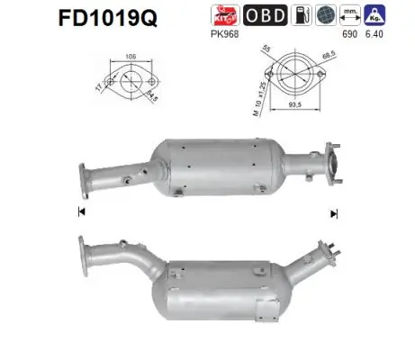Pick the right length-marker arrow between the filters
[334, 213]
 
